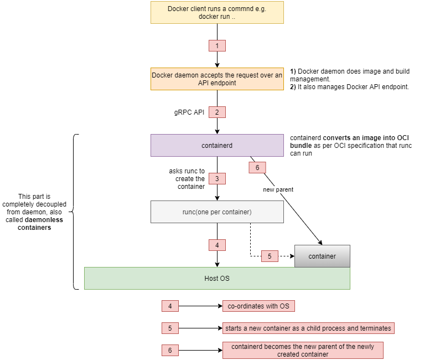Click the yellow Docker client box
217,12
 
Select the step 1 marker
217,45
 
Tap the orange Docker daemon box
217,79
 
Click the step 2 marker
217,112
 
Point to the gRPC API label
189,112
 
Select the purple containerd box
217,145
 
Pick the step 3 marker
217,179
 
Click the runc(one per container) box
217,212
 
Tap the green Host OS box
217,278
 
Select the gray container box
322,256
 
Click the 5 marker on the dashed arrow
270,256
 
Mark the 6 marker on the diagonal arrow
257,167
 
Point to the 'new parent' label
278,189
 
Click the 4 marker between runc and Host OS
217,245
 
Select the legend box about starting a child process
308,328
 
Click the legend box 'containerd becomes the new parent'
302,350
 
